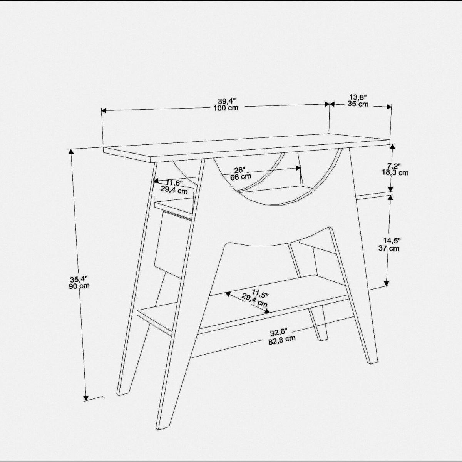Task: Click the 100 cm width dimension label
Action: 226,108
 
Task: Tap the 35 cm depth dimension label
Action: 358,104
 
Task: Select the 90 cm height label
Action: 79,286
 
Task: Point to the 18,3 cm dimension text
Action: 395,172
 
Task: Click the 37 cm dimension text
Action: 389,248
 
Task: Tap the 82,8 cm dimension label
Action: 282,340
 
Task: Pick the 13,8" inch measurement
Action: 358,97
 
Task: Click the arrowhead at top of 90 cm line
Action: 71,152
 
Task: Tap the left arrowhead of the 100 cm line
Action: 104,110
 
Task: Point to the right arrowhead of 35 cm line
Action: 389,107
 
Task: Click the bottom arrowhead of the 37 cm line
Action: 386,283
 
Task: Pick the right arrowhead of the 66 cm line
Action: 298,168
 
